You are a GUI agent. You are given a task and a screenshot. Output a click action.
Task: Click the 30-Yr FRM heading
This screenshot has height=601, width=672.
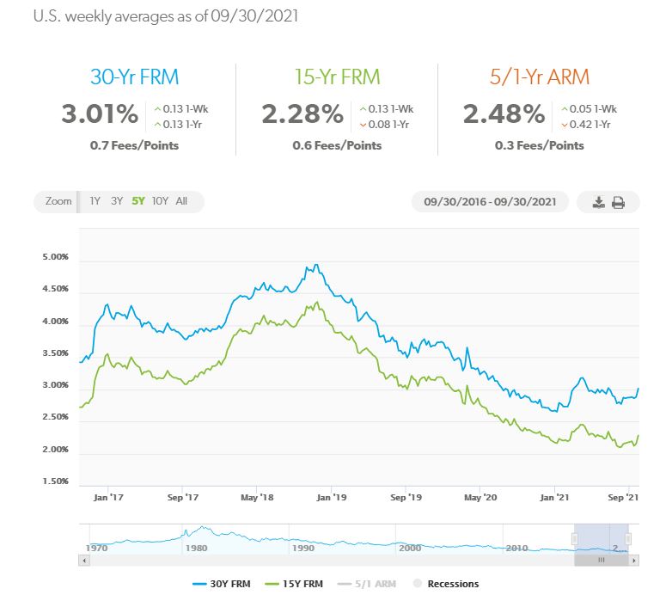135,77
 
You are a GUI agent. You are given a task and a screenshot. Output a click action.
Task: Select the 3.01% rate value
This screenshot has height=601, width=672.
101,114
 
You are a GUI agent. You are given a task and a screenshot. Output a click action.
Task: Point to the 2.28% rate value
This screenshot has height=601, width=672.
302,114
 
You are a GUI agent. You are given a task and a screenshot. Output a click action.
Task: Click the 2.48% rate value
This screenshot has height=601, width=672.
504,114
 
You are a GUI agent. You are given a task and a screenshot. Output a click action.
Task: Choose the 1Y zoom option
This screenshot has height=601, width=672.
95,201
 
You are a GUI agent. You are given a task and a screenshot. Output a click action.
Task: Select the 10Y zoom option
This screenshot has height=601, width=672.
160,201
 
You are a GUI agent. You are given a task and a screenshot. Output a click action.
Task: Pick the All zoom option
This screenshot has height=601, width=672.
181,201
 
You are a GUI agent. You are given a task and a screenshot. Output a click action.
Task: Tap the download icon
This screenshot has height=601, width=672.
599,203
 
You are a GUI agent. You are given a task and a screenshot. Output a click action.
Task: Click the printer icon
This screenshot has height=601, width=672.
618,203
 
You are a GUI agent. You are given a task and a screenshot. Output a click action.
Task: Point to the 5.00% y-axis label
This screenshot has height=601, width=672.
55,257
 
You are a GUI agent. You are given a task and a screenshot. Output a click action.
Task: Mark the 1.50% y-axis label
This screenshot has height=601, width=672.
55,481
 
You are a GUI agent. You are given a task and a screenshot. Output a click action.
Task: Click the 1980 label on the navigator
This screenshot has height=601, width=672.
196,548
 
